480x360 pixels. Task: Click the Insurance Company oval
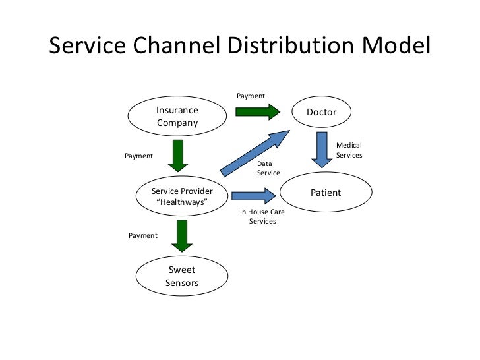177,116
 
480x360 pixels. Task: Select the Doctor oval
321,112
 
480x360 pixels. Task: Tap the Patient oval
326,193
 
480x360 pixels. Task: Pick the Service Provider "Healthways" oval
182,196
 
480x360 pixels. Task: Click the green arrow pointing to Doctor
257,111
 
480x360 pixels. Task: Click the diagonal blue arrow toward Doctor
255,153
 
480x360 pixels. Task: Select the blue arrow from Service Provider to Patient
254,196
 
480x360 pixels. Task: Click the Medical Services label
349,150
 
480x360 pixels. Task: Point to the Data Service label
268,168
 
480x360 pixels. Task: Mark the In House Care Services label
262,217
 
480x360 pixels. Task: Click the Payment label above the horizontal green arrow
251,96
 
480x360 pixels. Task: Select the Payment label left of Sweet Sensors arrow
143,235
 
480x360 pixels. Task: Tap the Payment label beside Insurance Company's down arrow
138,156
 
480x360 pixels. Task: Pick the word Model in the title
400,46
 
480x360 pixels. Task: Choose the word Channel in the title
179,46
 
